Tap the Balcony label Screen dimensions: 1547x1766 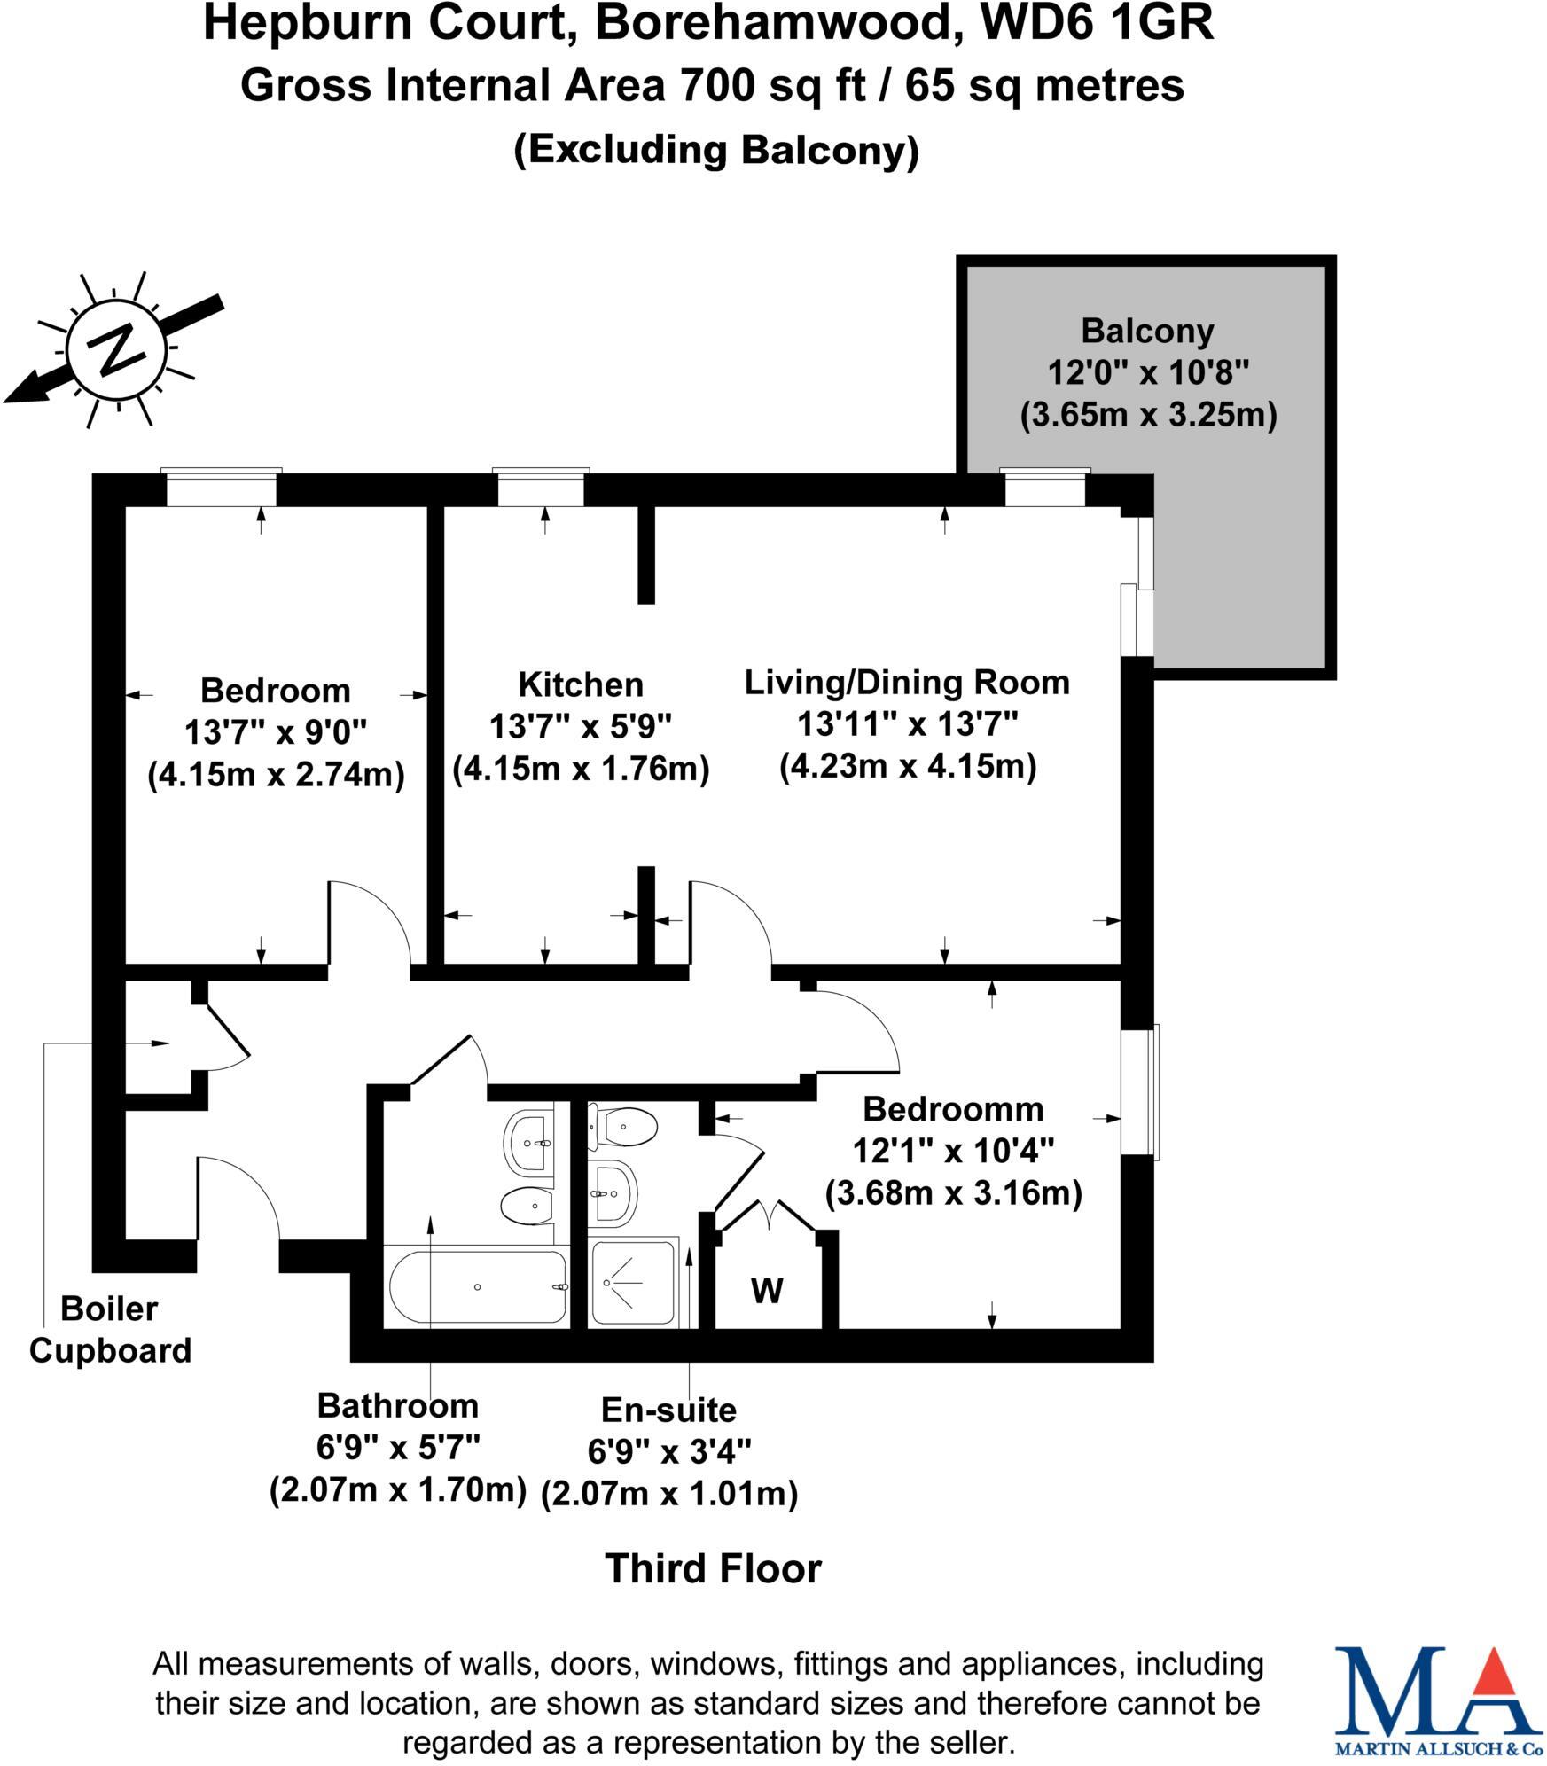[1147, 332]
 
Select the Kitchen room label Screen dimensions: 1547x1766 [581, 684]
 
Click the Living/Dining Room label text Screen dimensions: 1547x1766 [907, 683]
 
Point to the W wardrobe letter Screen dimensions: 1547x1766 [767, 1292]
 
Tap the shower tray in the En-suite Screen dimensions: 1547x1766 [633, 1282]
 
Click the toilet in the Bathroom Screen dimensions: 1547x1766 [527, 1206]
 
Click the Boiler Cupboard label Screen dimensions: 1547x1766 [110, 1329]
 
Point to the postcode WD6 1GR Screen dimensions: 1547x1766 [1097, 24]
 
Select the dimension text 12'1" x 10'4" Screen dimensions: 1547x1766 [953, 1152]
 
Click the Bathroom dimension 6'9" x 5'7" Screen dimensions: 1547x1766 [398, 1448]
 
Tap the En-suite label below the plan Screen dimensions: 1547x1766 [668, 1410]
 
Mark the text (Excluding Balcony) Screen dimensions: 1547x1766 [716, 151]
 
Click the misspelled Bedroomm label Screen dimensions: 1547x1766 [953, 1109]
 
